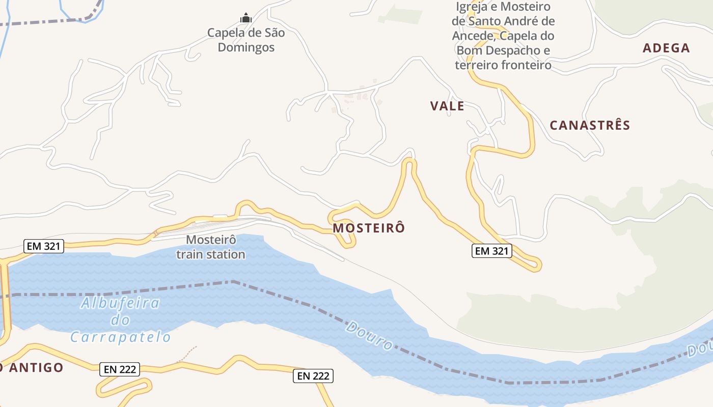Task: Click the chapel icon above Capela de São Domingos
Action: pyautogui.click(x=246, y=18)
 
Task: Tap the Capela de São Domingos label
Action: pyautogui.click(x=246, y=40)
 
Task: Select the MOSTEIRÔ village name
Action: pyautogui.click(x=369, y=228)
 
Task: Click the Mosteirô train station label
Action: pyautogui.click(x=211, y=247)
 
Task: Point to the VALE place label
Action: pyautogui.click(x=447, y=106)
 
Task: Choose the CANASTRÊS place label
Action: pyautogui.click(x=590, y=125)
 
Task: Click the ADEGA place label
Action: pyautogui.click(x=666, y=48)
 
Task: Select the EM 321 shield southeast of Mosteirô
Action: pyautogui.click(x=491, y=250)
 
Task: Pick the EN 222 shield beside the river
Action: pyautogui.click(x=313, y=376)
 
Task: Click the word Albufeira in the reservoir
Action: pyautogui.click(x=120, y=304)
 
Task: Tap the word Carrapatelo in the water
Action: pyautogui.click(x=120, y=337)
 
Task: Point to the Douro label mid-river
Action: pyautogui.click(x=369, y=335)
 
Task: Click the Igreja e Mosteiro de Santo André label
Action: pyautogui.click(x=503, y=36)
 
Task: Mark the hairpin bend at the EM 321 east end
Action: pyautogui.click(x=538, y=265)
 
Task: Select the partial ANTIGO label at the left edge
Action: pyautogui.click(x=32, y=367)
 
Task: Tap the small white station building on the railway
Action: pyautogui.click(x=220, y=217)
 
